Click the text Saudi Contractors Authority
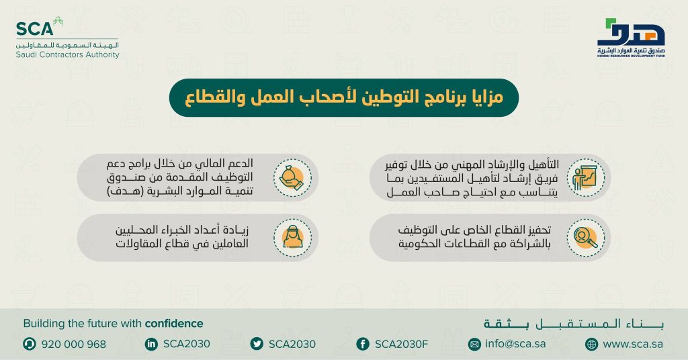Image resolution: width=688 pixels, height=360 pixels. pyautogui.click(x=67, y=55)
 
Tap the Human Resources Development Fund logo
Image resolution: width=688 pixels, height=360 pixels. pyautogui.click(x=630, y=40)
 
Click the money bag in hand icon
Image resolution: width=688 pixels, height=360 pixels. pyautogui.click(x=292, y=178)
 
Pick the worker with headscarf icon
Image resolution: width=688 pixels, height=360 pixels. pyautogui.click(x=292, y=237)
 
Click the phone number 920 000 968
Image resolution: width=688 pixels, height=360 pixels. pyautogui.click(x=74, y=344)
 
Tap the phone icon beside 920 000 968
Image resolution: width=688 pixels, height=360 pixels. pyautogui.click(x=29, y=344)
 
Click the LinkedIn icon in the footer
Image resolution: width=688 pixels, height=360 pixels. pyautogui.click(x=150, y=344)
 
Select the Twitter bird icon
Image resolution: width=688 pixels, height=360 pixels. pyautogui.click(x=256, y=344)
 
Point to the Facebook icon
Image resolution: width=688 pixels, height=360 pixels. pyautogui.click(x=363, y=344)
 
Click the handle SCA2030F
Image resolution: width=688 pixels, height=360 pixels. pyautogui.click(x=401, y=344)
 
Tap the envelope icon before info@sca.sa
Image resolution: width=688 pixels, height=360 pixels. pyautogui.click(x=474, y=344)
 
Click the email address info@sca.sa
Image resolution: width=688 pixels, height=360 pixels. pyautogui.click(x=516, y=344)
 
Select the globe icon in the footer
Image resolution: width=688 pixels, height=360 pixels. pyautogui.click(x=591, y=344)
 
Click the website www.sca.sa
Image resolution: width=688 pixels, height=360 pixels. pyautogui.click(x=633, y=344)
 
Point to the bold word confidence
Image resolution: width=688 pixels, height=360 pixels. pyautogui.click(x=174, y=323)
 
